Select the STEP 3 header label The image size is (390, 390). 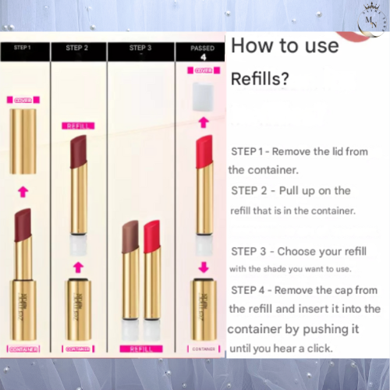(133, 48)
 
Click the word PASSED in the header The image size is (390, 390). (202, 48)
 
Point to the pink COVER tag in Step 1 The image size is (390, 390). (23, 101)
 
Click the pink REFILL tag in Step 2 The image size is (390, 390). (76, 125)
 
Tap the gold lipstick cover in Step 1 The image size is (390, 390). (23, 140)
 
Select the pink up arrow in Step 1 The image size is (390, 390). (23, 190)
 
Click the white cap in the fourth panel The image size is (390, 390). (203, 95)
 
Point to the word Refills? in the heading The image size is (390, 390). (258, 80)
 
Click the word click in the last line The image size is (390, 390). (316, 348)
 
